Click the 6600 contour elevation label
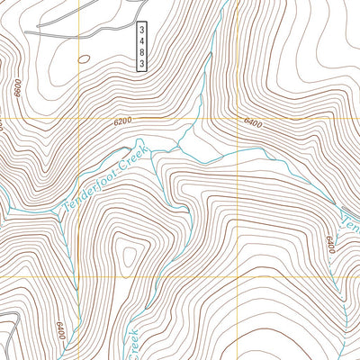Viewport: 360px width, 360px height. point(18,88)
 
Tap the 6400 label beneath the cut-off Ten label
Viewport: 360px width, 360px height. point(330,243)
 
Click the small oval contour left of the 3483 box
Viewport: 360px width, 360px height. point(84,59)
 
